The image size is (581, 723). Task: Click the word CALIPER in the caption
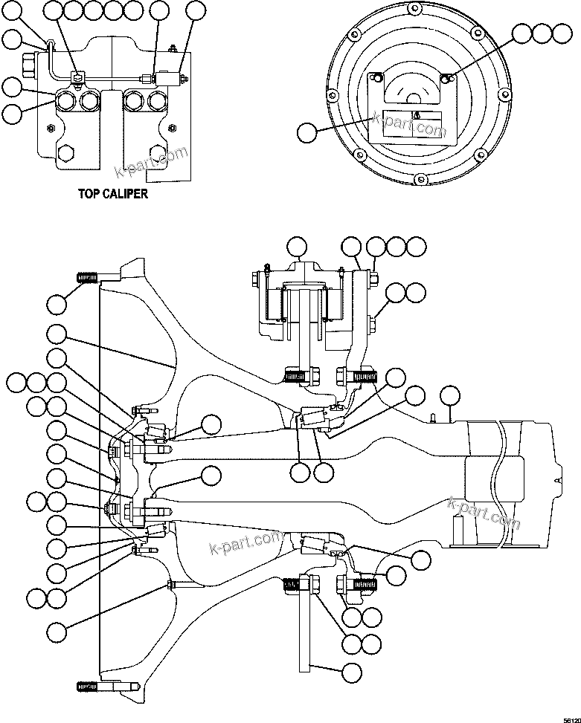coord(126,194)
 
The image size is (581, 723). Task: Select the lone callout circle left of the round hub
coord(306,134)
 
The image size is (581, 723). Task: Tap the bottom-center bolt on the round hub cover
coord(421,178)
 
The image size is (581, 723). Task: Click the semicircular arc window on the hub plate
coord(411,88)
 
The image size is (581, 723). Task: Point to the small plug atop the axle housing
coord(431,421)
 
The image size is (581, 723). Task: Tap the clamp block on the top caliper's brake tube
coord(77,77)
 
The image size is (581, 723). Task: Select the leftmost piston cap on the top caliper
coord(66,100)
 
